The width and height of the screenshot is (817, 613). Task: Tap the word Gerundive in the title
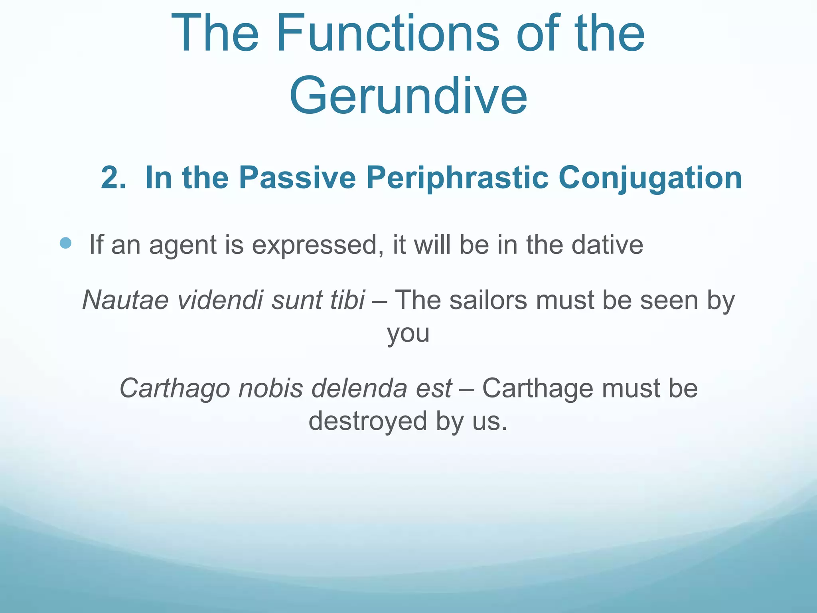coord(408,96)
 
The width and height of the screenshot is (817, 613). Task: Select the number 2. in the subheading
coord(113,178)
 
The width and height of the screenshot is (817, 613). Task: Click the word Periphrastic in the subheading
coord(457,178)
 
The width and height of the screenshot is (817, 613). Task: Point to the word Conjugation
coord(650,178)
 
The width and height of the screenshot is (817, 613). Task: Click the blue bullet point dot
coord(65,243)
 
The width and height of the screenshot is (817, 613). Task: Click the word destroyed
coord(368,421)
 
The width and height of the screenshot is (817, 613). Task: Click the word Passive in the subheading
coord(297,178)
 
